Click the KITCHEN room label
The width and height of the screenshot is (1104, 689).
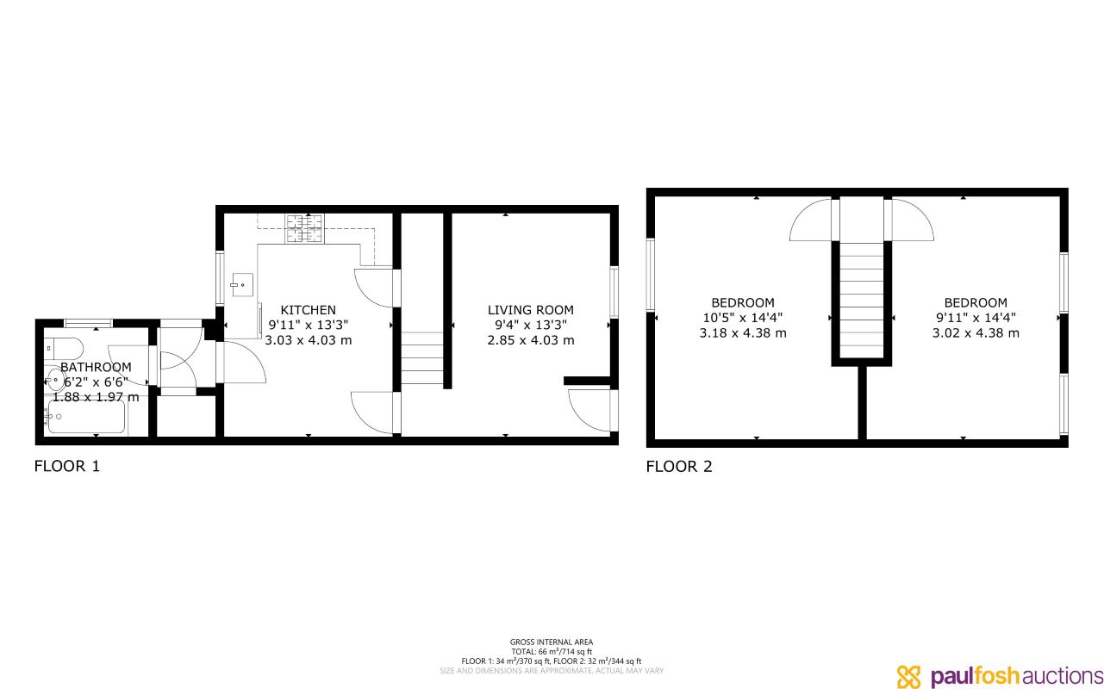tap(308, 310)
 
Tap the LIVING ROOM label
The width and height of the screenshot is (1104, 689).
tap(530, 310)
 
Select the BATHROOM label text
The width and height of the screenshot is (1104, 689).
tap(96, 368)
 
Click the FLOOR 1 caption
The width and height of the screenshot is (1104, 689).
tap(67, 467)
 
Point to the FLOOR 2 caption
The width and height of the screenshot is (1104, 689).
tap(679, 467)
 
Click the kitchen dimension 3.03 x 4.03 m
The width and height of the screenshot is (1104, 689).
tap(308, 340)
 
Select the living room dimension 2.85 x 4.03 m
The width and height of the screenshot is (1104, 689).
tap(530, 340)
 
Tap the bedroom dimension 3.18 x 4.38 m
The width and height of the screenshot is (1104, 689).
tap(742, 332)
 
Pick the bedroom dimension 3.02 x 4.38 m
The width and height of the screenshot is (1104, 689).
tap(976, 332)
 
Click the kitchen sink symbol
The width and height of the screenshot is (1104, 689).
tap(239, 282)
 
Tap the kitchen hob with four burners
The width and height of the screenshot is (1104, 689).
tap(305, 227)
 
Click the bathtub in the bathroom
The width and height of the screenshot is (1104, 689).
tap(86, 420)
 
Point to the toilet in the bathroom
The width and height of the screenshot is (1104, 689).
tap(65, 350)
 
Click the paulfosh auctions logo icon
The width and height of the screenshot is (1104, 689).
tap(909, 676)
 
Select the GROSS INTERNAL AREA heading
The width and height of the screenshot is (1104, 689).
tap(551, 642)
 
